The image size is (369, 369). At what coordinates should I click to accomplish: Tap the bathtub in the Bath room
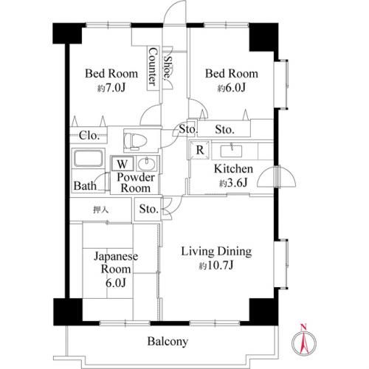[89, 159]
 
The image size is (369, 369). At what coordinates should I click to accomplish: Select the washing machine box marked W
[123, 164]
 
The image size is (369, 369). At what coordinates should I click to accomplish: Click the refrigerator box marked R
[199, 150]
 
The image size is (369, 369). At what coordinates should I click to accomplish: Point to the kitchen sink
[231, 151]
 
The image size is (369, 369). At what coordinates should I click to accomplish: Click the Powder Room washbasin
[147, 164]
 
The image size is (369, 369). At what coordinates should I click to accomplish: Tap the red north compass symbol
[304, 342]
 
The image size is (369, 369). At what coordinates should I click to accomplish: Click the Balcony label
[168, 342]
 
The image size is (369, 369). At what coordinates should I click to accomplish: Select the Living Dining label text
[216, 252]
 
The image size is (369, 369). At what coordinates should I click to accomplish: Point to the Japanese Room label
[116, 263]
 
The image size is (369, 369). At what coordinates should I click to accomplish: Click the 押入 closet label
[100, 210]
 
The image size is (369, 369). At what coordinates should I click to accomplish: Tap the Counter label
[153, 66]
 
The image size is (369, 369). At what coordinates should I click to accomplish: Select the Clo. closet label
[89, 135]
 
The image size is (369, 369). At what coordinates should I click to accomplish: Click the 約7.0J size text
[111, 88]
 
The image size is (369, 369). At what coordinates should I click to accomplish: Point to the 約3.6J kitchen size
[233, 183]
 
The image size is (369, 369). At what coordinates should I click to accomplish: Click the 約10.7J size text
[216, 266]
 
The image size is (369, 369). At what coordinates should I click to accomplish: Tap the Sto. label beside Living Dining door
[148, 209]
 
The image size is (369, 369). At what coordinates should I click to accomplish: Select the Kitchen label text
[233, 169]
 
